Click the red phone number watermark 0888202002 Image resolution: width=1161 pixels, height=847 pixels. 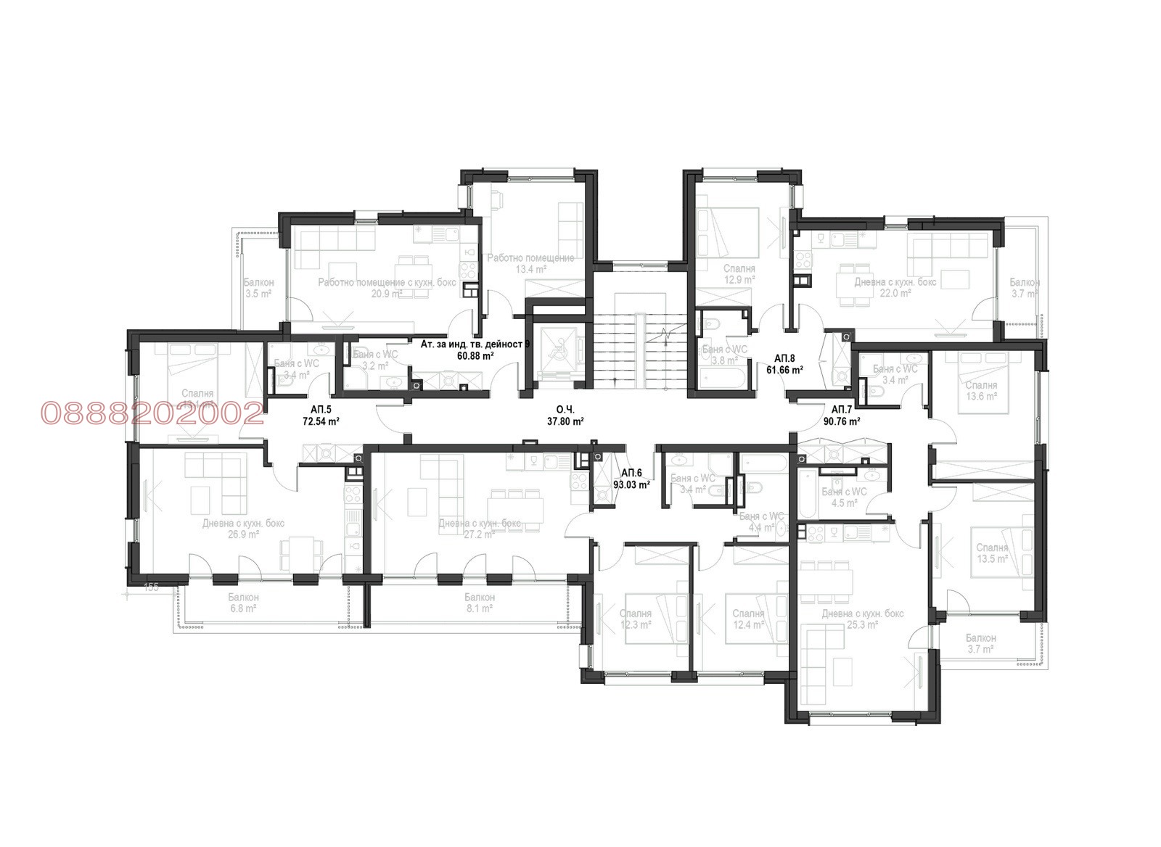pos(152,413)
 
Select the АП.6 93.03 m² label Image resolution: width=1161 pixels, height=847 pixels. pos(631,479)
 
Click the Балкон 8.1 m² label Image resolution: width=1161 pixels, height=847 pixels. pos(480,603)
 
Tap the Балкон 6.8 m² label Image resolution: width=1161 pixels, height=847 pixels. pos(243,603)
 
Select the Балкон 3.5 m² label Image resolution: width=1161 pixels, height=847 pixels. pos(258,288)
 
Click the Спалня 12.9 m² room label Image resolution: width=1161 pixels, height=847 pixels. pos(739,273)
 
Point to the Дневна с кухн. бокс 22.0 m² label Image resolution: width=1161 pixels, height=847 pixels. pos(895,287)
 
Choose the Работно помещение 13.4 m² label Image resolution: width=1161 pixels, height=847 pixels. pos(530,263)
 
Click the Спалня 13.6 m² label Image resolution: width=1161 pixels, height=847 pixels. pos(981,391)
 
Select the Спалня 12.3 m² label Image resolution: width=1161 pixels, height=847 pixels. pos(636,619)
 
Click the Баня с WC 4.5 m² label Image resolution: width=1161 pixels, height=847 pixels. pos(844,497)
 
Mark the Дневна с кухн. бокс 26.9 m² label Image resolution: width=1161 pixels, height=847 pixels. pos(243,529)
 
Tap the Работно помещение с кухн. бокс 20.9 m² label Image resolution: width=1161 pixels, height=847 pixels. pos(387,287)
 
